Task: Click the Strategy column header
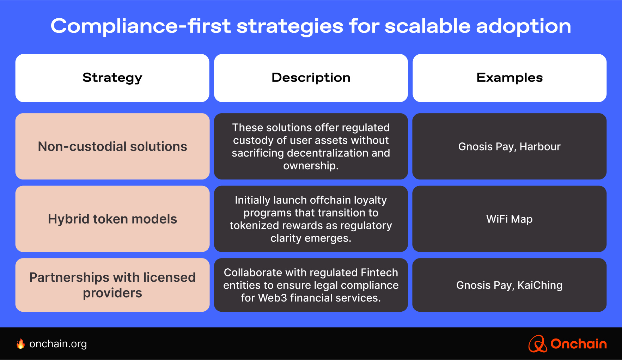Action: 112,78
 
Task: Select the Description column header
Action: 311,78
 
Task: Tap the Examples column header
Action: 509,78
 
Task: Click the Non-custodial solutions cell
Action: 112,146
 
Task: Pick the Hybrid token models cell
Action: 112,219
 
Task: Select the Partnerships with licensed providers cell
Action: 112,285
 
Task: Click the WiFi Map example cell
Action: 509,219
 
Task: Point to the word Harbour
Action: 539,147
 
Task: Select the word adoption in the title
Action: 523,26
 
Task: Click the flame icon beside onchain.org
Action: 21,344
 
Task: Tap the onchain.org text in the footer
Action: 58,344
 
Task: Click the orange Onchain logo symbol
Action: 537,344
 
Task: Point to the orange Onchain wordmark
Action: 578,344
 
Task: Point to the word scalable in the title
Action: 427,26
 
